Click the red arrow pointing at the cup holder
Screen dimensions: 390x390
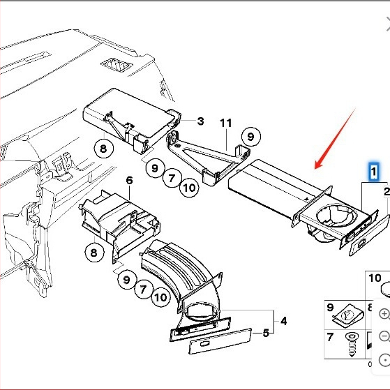point(335,139)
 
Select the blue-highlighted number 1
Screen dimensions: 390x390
point(373,172)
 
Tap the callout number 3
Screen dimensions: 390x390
point(200,121)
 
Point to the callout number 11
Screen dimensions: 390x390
point(226,123)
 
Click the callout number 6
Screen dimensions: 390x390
point(129,180)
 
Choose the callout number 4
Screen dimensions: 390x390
point(283,321)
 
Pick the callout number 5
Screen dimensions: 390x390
point(266,333)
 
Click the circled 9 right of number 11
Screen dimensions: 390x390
point(251,137)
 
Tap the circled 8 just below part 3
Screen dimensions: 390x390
point(103,149)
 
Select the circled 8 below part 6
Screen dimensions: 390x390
point(94,253)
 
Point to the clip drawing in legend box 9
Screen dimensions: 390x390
point(347,316)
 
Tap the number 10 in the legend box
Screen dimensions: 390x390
point(375,278)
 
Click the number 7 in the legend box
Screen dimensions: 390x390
point(330,337)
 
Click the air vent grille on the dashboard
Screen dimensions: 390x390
point(117,65)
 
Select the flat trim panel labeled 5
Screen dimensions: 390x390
point(220,341)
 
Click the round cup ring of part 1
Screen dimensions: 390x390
point(336,215)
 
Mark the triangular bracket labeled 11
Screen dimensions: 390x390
point(209,158)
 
